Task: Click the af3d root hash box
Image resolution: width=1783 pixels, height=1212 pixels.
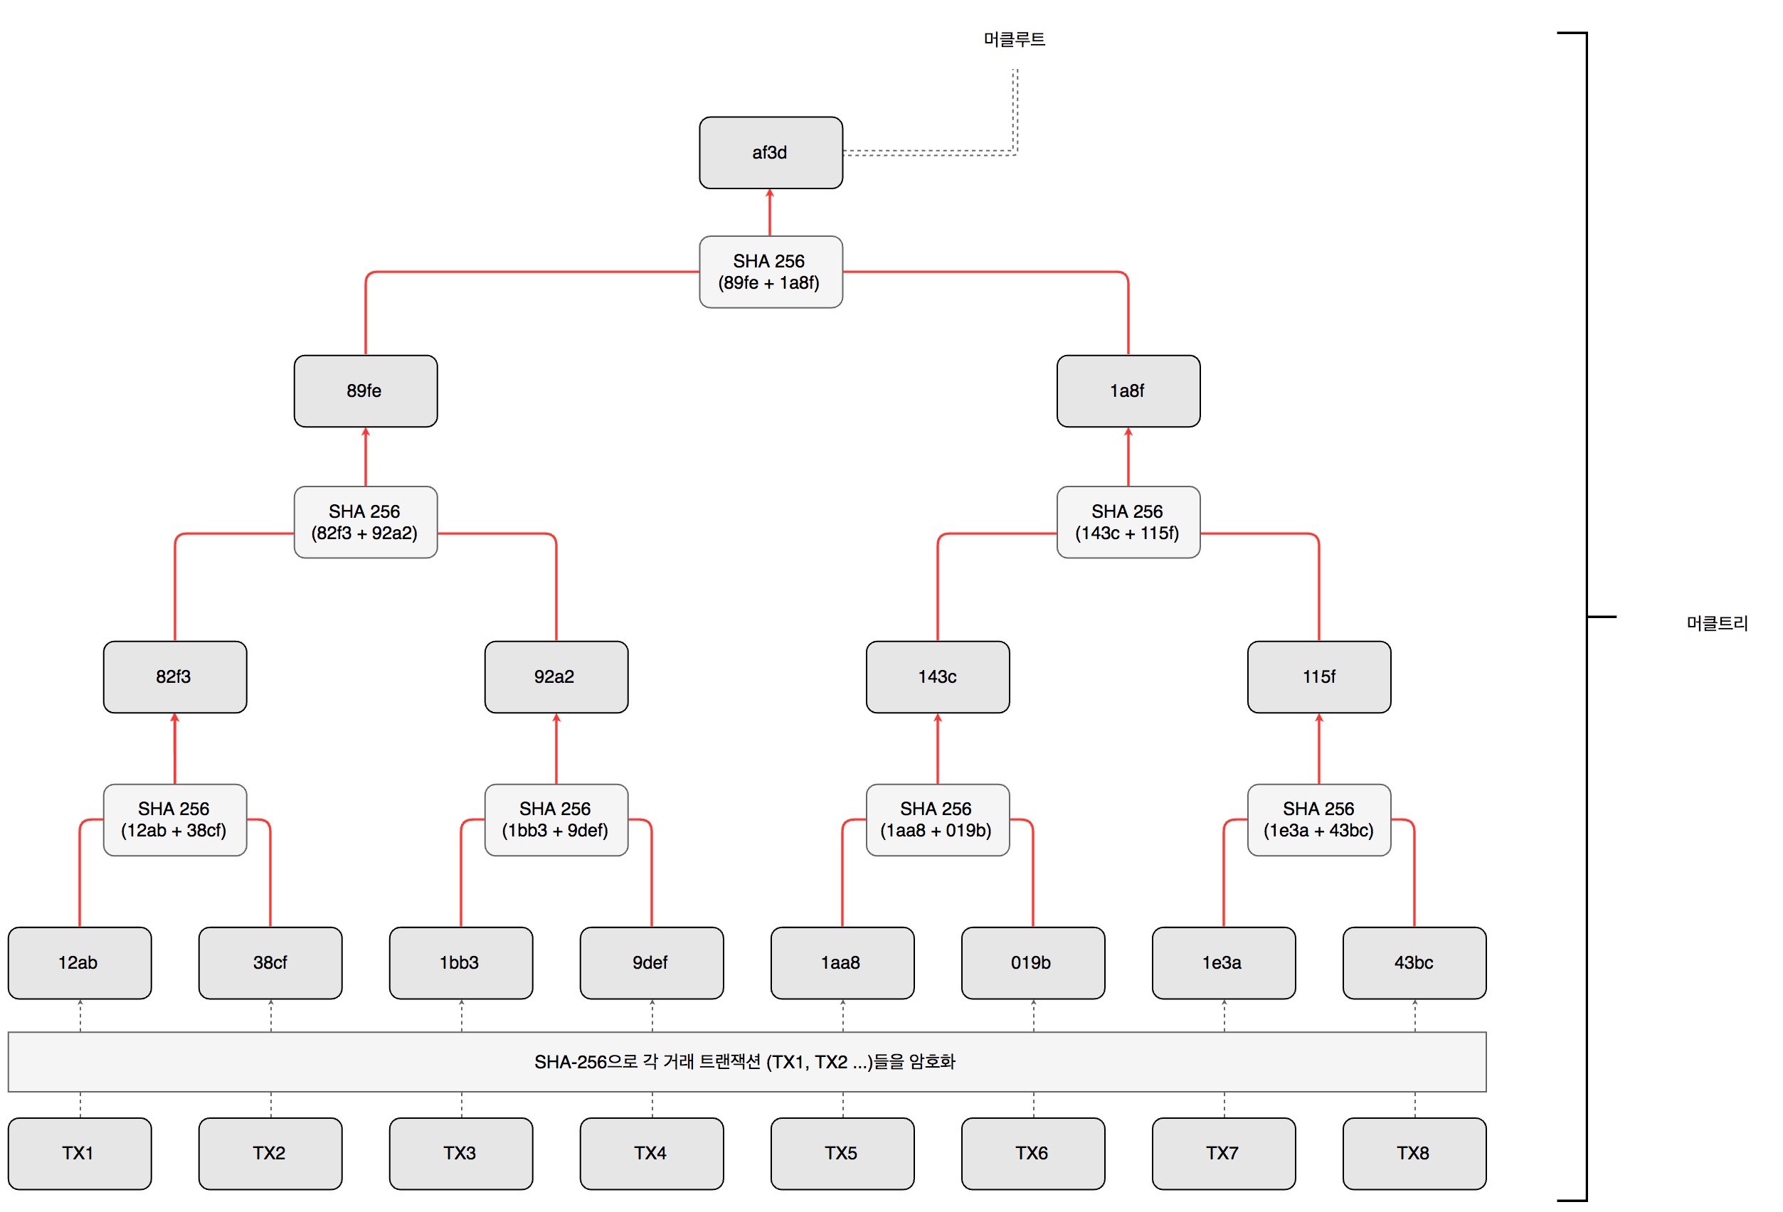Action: pos(771,153)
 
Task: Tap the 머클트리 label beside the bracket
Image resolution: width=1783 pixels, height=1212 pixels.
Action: pos(1716,624)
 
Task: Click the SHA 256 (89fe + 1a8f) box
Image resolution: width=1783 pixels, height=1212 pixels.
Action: pos(771,272)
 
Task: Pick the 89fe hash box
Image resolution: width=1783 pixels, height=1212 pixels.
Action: pos(365,391)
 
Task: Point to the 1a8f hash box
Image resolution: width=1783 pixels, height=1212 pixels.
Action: pos(1128,391)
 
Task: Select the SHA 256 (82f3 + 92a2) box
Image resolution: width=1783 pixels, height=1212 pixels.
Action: pos(365,522)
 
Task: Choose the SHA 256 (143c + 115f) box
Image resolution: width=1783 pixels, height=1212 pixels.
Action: pos(1128,522)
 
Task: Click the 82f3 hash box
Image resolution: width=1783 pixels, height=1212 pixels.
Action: pos(175,677)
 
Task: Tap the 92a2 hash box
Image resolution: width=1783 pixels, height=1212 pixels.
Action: pos(556,677)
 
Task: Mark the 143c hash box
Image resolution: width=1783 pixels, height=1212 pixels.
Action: pos(938,677)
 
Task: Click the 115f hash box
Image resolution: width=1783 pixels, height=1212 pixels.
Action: pos(1319,677)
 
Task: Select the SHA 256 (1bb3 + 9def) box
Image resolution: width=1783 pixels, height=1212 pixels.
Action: pos(556,820)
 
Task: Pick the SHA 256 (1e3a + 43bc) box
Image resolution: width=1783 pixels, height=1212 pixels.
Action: pos(1319,820)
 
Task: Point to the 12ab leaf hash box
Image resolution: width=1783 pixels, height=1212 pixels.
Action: pos(80,962)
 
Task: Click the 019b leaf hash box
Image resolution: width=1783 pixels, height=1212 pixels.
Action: pos(1032,962)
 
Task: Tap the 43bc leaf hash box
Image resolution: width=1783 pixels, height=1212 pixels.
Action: pos(1414,962)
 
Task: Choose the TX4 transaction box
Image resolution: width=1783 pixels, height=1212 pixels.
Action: pos(651,1154)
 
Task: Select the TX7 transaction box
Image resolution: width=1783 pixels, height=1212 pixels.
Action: pos(1224,1154)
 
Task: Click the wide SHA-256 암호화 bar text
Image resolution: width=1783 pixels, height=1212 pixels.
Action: pos(745,1063)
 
